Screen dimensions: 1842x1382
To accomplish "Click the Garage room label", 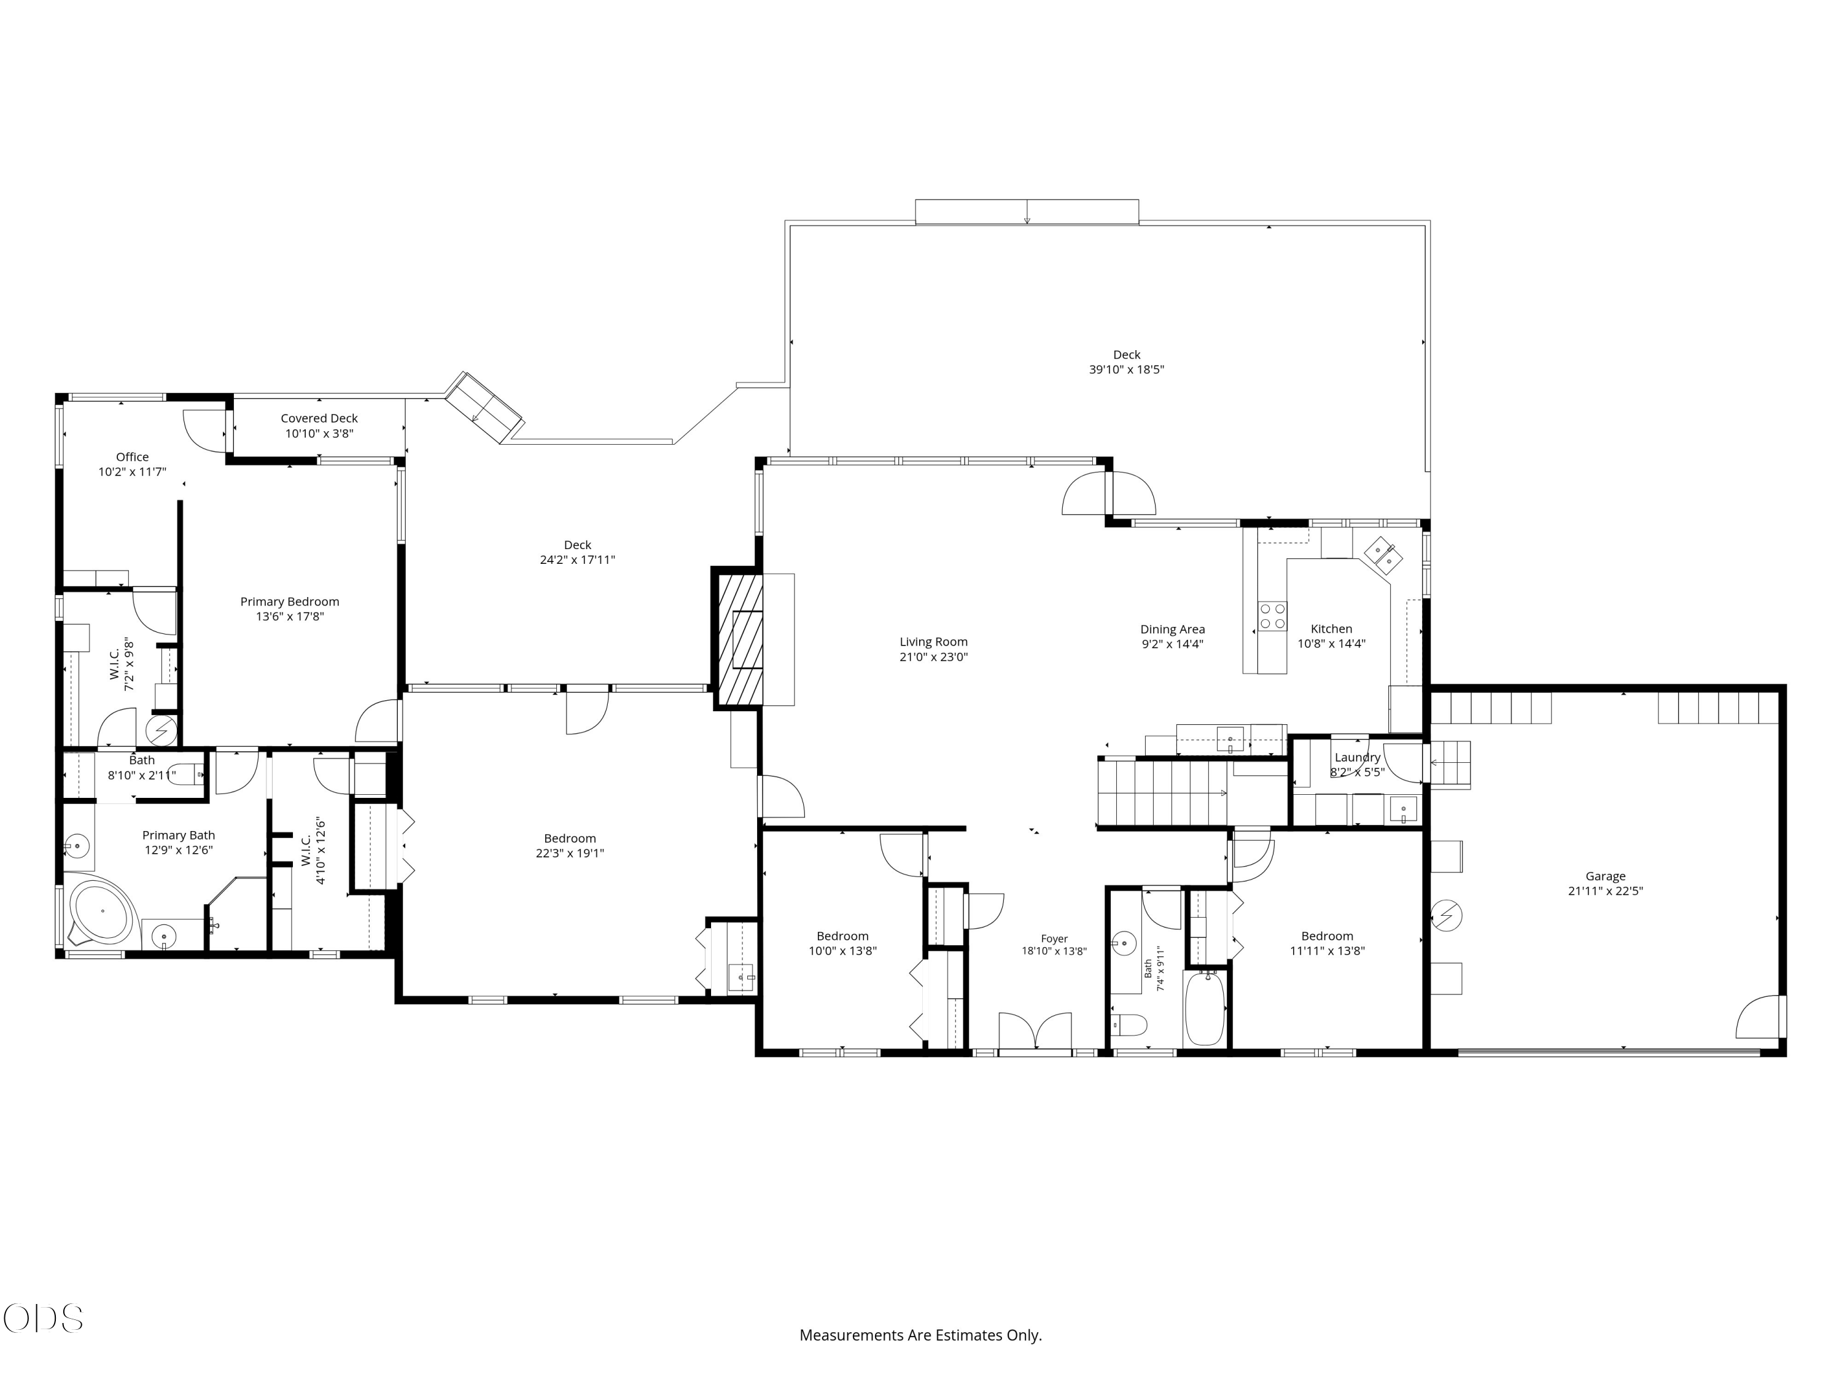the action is tap(1604, 876).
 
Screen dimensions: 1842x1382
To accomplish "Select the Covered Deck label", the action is tap(319, 418).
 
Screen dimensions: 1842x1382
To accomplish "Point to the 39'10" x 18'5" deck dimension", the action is tap(1127, 370).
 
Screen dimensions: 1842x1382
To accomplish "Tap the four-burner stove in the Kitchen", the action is tap(1272, 617).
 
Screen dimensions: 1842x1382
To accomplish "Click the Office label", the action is tap(133, 456).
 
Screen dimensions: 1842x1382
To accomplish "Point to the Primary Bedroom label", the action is tap(290, 601).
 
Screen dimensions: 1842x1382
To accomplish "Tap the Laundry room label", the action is tap(1358, 757).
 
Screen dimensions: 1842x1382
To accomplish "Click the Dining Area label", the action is tap(1173, 630).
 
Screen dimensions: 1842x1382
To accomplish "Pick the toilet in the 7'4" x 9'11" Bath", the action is tap(1131, 1024).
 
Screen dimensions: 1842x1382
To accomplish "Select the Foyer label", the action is tap(1054, 939).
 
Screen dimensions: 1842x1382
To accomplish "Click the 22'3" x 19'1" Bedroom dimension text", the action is tap(570, 853).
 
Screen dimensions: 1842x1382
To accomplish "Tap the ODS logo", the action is tap(44, 1319).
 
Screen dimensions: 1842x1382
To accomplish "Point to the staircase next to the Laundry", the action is tap(1164, 792).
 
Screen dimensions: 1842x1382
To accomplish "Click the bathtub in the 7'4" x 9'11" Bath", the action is tap(1204, 1007).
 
